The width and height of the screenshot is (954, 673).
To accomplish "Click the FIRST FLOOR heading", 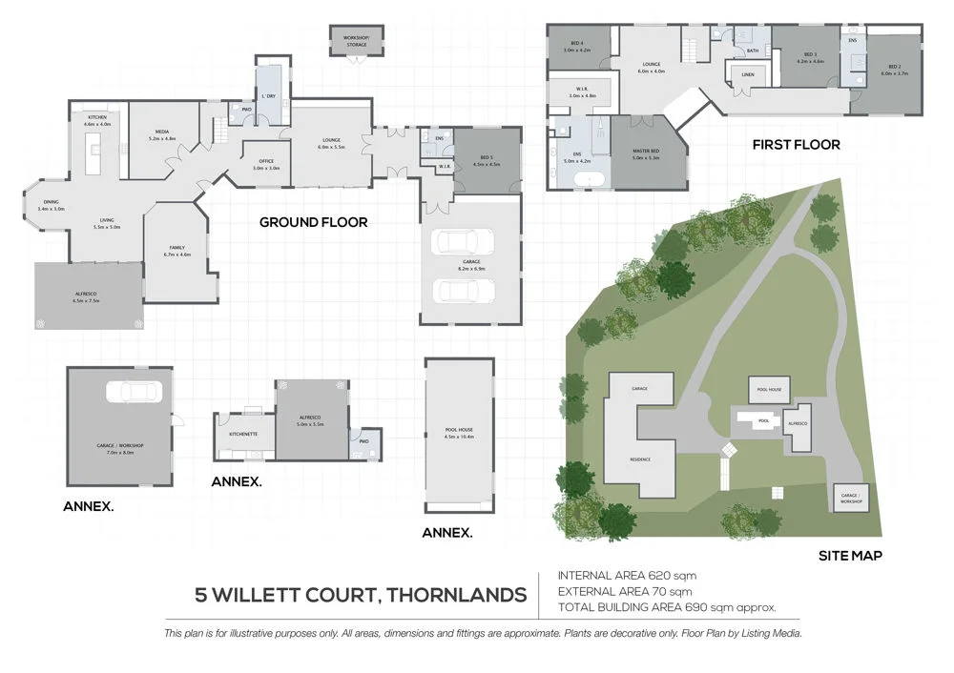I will click(796, 145).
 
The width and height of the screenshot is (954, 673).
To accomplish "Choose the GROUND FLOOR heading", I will click(313, 222).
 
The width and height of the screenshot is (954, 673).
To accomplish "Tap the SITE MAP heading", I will click(850, 555).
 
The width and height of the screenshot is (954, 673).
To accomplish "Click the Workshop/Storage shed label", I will click(355, 38).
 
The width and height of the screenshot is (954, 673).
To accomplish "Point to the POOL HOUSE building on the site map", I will click(769, 390).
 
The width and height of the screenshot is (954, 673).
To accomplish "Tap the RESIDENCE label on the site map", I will click(640, 459).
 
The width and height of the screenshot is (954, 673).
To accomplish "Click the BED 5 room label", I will click(486, 157).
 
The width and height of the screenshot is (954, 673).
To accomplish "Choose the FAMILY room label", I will click(178, 251).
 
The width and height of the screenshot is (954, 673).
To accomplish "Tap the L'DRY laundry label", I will click(269, 97).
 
